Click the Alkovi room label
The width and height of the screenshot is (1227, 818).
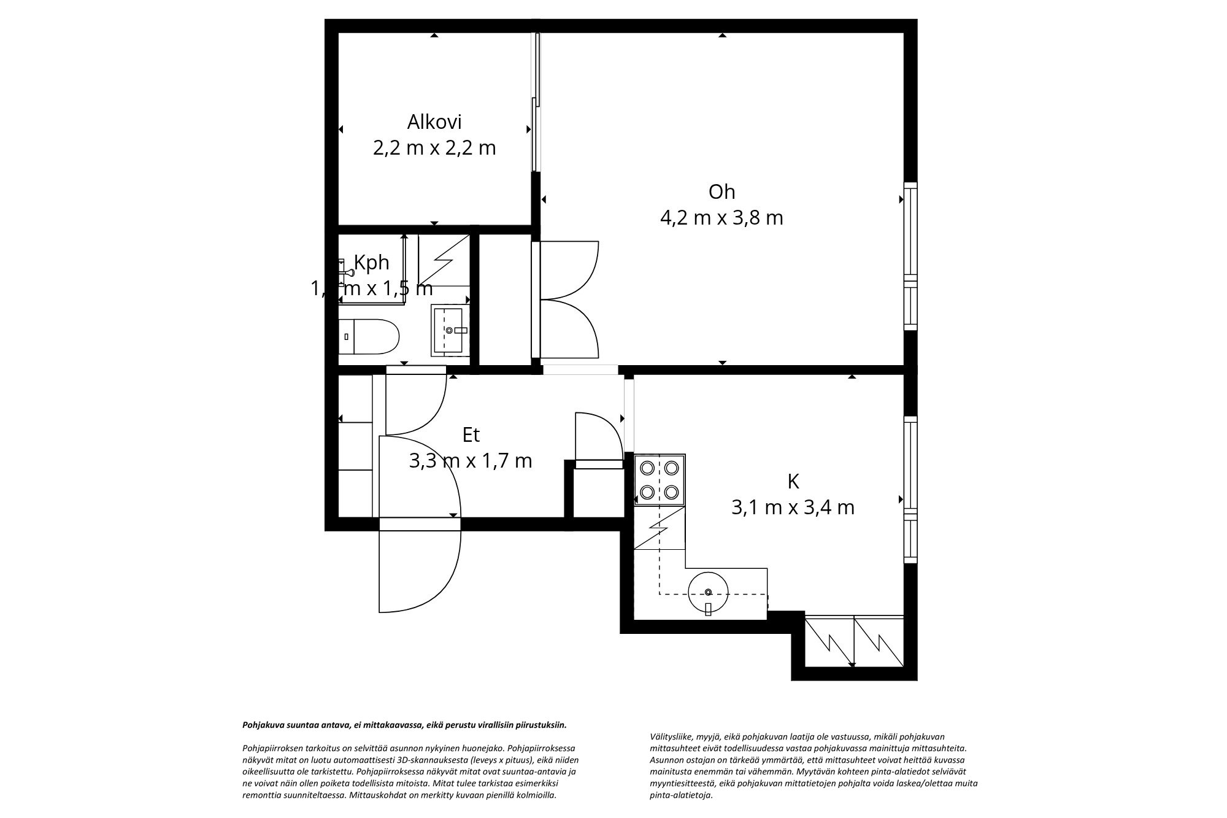coord(434,122)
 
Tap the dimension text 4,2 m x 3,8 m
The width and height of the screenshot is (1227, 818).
coord(721,218)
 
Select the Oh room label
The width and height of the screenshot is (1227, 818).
coord(721,192)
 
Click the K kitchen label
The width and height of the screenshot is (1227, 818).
coord(793,482)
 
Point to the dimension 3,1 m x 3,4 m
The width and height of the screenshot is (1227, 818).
coord(793,507)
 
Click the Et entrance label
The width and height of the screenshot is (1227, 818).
coord(471,435)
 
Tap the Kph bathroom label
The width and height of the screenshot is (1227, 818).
coord(372,263)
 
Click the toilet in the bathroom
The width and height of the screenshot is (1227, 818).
coord(368,336)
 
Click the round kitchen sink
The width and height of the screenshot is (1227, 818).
coord(708,592)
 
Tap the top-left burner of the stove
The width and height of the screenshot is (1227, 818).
coord(647,468)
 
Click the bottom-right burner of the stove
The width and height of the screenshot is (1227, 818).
coord(672,492)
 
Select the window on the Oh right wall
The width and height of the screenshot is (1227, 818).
coord(911,257)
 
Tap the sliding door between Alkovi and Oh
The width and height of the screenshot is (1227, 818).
coord(536,101)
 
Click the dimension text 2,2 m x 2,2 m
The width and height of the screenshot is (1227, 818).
coord(434,148)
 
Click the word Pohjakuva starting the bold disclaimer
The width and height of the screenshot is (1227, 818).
coord(262,725)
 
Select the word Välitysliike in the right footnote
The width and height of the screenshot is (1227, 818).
coord(670,736)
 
